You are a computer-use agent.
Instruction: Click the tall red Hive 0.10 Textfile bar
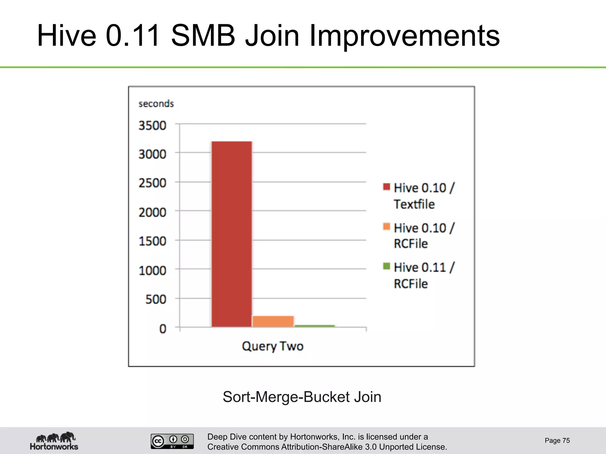tap(232, 234)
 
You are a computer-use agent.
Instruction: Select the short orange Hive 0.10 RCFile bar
tap(273, 321)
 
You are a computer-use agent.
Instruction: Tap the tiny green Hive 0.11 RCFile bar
tap(315, 326)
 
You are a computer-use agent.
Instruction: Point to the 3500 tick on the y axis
tap(152, 126)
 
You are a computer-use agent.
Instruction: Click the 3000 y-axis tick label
tap(152, 154)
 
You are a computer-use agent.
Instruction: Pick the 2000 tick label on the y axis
tap(152, 213)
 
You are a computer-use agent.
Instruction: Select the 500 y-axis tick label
tap(156, 300)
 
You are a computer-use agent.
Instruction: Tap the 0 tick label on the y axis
tap(163, 329)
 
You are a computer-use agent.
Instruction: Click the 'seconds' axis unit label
tap(156, 104)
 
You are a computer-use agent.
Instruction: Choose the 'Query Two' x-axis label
tap(273, 346)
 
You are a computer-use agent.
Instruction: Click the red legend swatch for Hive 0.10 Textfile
tap(386, 187)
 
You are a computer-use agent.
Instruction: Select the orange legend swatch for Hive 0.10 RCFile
tap(386, 227)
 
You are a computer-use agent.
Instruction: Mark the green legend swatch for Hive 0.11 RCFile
tap(386, 266)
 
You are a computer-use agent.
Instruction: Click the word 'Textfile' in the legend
tap(414, 204)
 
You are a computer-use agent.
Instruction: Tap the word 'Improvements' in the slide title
tap(404, 36)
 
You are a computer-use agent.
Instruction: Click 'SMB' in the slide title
tap(203, 36)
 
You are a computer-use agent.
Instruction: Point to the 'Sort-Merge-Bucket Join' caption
tap(302, 397)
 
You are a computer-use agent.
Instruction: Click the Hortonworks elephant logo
tap(54, 441)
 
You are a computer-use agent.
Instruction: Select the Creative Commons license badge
tap(172, 441)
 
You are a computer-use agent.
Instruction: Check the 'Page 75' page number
tap(557, 440)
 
